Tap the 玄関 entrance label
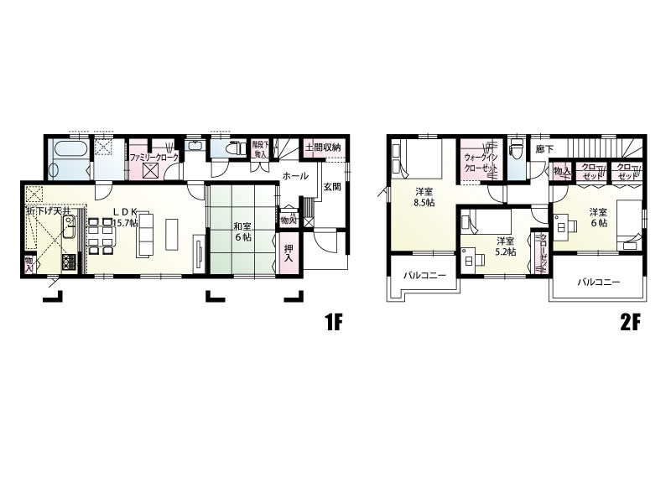click(x=331, y=187)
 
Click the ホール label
click(x=294, y=176)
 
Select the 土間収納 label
click(x=324, y=148)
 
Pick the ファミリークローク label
click(x=153, y=156)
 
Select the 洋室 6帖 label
click(x=597, y=216)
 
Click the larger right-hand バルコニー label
click(x=598, y=283)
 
